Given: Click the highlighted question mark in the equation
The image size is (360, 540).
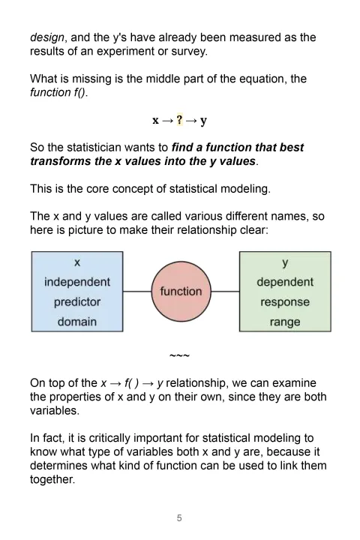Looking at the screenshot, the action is click(180, 120).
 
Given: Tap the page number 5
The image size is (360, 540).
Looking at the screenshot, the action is click(179, 517).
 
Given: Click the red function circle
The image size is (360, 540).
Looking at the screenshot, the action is click(181, 291).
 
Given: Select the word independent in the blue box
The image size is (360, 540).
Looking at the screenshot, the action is click(77, 282).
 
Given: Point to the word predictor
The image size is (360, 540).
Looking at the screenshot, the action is click(77, 302).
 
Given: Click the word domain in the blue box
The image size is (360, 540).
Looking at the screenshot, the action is click(77, 322).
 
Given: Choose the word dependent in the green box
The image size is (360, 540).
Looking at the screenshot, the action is click(285, 282).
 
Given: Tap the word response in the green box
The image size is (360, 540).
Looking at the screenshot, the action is click(285, 302).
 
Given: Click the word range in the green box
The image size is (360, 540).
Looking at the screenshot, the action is click(285, 322).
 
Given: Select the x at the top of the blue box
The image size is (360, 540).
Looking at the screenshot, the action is click(77, 263).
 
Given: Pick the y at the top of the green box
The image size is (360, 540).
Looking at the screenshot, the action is click(285, 263).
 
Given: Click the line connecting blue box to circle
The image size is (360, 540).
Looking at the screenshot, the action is click(136, 292).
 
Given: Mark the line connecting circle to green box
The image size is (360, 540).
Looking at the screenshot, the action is click(225, 292).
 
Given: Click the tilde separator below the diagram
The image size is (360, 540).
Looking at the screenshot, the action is click(179, 355).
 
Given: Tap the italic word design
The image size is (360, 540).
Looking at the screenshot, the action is click(46, 37).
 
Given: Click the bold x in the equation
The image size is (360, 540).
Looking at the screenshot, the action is click(156, 120).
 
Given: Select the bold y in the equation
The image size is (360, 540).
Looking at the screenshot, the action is click(203, 121).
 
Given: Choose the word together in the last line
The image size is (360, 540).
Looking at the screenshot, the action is click(52, 479).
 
